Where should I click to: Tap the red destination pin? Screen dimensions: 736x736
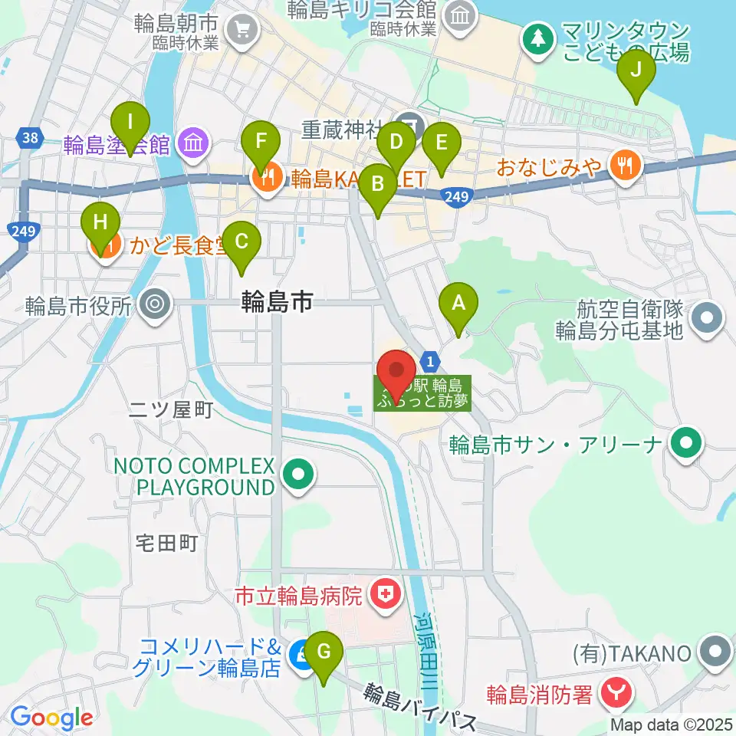(x=397, y=373)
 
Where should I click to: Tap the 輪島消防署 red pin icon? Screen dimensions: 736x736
(x=616, y=694)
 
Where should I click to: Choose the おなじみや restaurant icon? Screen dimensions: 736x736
(x=626, y=165)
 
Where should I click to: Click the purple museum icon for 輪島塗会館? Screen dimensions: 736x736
(x=192, y=142)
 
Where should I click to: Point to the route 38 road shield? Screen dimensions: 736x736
(x=29, y=138)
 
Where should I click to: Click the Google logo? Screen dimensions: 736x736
(x=51, y=718)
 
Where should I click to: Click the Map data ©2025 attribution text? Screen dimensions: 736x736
(x=669, y=724)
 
